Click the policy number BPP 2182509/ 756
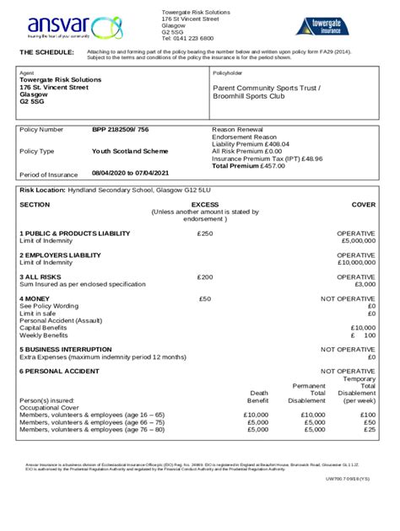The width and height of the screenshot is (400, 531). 121,130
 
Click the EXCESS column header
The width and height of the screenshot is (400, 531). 204,205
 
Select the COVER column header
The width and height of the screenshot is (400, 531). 363,205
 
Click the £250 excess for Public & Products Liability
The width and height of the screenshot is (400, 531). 204,233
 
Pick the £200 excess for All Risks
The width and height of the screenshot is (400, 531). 204,276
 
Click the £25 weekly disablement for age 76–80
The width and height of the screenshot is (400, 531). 369,429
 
